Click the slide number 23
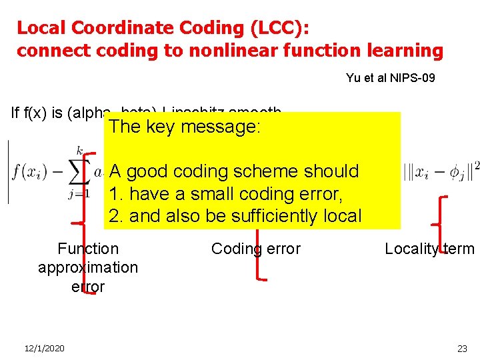462,349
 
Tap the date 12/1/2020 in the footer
44,349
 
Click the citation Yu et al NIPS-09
390,78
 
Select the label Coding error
255,249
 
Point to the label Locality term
429,249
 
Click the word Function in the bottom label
88,249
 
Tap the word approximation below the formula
88,267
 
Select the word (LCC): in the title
279,28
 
